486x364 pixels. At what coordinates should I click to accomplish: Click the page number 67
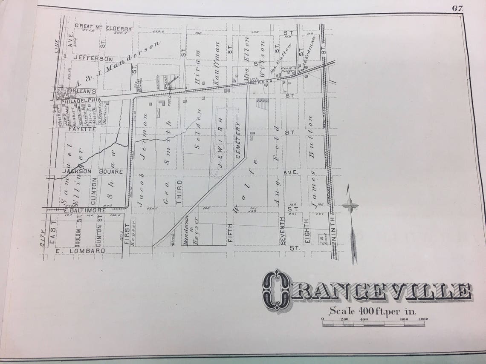pos(458,8)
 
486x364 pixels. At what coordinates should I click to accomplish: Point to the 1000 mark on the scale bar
pos(423,319)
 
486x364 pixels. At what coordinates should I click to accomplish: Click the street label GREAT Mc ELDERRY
pos(104,26)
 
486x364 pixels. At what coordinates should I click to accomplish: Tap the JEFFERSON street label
pos(93,58)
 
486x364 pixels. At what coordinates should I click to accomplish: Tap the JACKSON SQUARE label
pos(93,171)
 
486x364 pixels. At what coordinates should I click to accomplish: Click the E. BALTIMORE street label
pos(85,210)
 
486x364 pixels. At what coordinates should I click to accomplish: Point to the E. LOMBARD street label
pos(81,251)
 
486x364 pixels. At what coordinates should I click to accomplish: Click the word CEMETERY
pos(238,140)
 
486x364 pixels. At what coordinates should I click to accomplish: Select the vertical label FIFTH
pos(229,232)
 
